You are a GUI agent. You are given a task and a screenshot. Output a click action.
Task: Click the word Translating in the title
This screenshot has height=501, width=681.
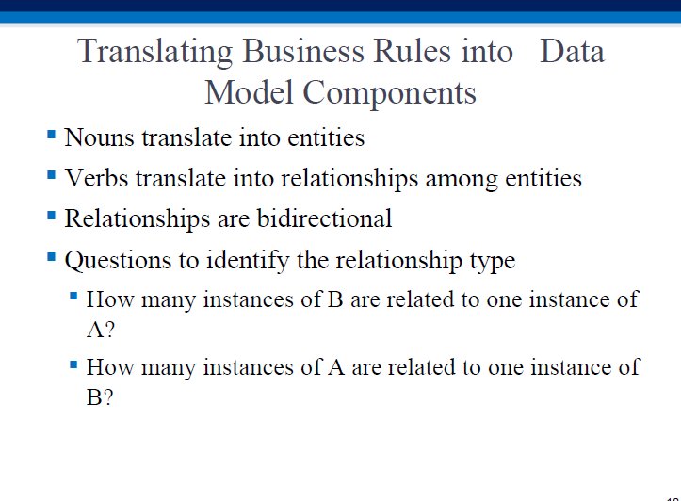[x=155, y=52]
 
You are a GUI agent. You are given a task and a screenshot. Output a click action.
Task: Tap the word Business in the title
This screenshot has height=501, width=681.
[x=303, y=51]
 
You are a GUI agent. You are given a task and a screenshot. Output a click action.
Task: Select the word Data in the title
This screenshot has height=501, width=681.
[x=572, y=51]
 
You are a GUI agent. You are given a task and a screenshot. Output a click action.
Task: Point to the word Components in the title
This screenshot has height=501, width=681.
[x=389, y=94]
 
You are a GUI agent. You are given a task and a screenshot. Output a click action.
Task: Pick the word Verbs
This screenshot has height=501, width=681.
[x=96, y=178]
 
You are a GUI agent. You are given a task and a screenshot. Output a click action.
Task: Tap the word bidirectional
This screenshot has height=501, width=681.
[x=324, y=218]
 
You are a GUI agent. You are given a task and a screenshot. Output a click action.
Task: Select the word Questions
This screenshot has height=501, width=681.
[x=118, y=261]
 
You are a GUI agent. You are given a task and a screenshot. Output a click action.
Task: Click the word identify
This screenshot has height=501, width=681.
[x=248, y=261]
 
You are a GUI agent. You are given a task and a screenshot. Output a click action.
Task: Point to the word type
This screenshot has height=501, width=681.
[x=493, y=262]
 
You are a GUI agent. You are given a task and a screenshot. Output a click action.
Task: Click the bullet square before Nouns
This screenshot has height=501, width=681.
[x=51, y=134]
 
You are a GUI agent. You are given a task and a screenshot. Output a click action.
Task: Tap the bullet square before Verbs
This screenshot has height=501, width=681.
[x=51, y=175]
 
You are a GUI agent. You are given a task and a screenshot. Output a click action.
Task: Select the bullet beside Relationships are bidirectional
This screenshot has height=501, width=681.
[x=51, y=216]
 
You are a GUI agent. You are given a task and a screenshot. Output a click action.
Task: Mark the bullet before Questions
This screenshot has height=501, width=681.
[x=51, y=257]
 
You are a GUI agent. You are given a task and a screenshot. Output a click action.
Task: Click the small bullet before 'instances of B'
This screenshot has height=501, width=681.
[x=73, y=296]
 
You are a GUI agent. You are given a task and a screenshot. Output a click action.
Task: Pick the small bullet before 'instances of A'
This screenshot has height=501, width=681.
[x=73, y=364]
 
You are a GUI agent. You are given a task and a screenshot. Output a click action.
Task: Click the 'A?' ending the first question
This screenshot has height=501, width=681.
[x=101, y=330]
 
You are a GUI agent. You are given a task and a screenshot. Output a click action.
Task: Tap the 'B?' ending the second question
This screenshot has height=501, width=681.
[x=100, y=396]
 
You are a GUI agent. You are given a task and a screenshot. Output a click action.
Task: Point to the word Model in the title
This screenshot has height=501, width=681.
[x=249, y=92]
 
